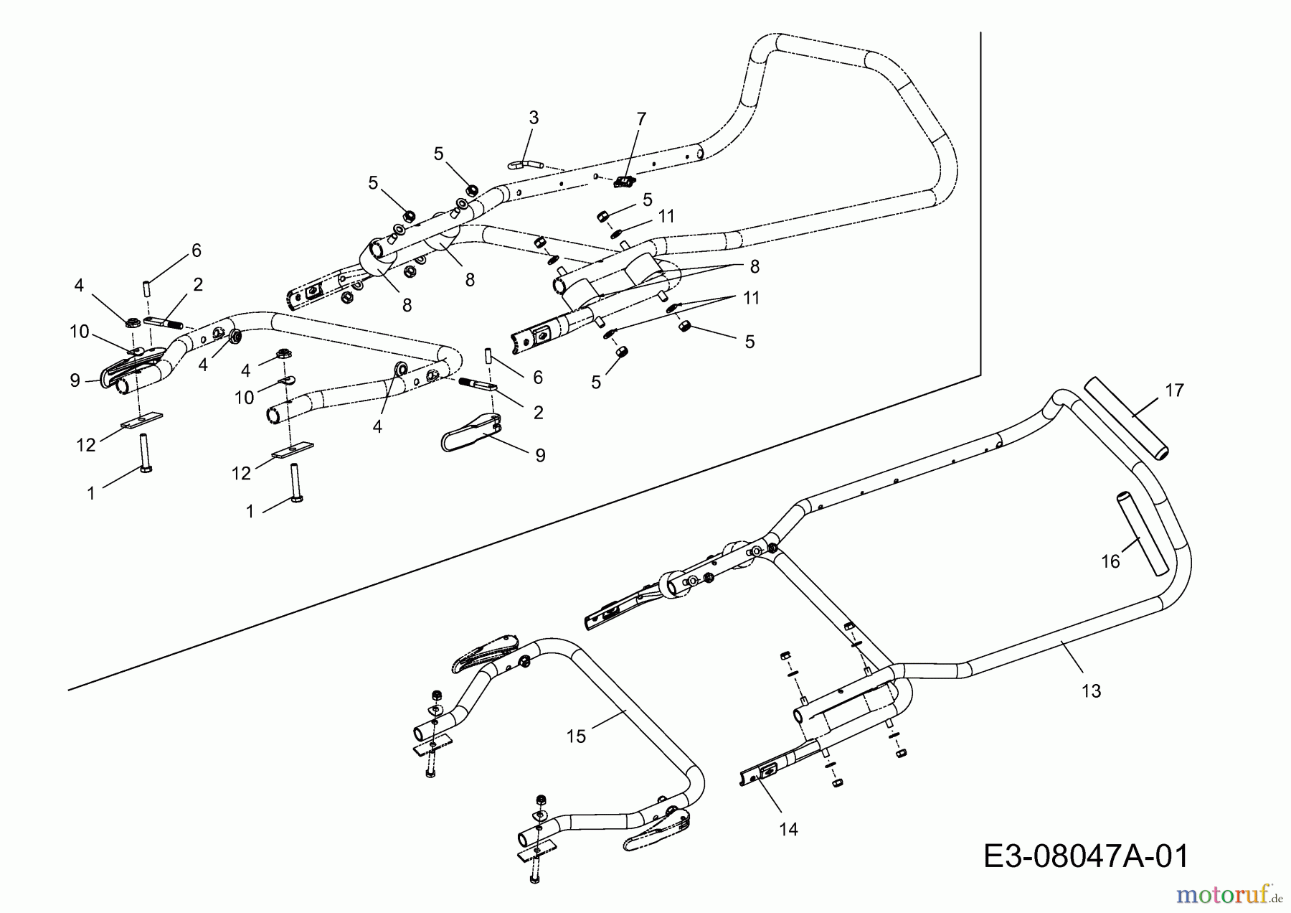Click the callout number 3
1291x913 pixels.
pyautogui.click(x=533, y=118)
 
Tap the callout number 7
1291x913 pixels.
pyautogui.click(x=640, y=118)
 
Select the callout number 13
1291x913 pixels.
pyautogui.click(x=1090, y=691)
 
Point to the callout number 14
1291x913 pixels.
pyautogui.click(x=788, y=830)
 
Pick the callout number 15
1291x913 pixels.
pyautogui.click(x=576, y=736)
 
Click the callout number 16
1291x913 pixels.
pyautogui.click(x=1110, y=561)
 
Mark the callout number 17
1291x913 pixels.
pyautogui.click(x=1174, y=391)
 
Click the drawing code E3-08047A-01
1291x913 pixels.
pyautogui.click(x=1086, y=856)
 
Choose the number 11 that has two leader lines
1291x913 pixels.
pyautogui.click(x=751, y=297)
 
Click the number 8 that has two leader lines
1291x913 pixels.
pyautogui.click(x=753, y=266)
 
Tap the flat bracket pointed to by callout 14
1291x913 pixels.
pyautogui.click(x=761, y=773)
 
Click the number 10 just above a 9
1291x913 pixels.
pyautogui.click(x=79, y=332)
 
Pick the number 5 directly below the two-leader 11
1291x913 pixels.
pyautogui.click(x=749, y=342)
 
